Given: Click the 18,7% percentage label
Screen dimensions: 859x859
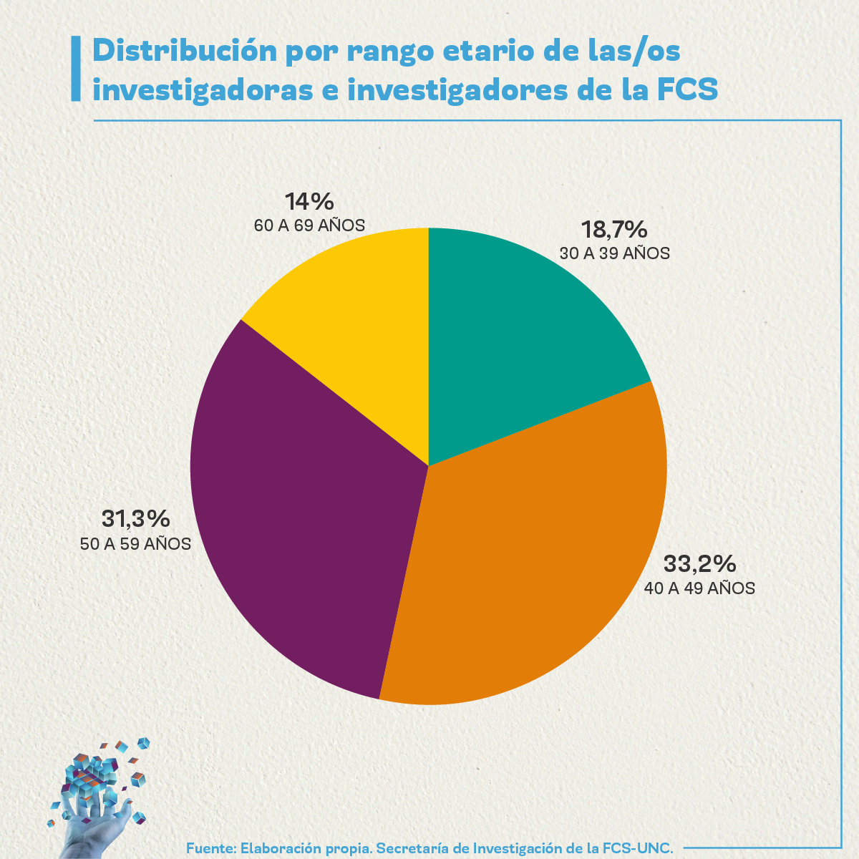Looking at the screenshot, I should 614,230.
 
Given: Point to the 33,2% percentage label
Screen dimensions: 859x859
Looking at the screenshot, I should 699,564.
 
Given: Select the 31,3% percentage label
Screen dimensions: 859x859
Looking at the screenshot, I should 135,519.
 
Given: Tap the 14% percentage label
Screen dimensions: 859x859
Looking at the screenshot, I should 309,201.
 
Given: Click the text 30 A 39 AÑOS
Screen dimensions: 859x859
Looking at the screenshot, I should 614,253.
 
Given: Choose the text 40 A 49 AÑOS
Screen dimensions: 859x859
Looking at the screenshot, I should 699,588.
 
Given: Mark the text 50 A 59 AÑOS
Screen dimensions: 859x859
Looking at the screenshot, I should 135,544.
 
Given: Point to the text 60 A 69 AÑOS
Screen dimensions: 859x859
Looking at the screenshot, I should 309,225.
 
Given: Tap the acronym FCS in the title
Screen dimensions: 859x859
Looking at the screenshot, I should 686,91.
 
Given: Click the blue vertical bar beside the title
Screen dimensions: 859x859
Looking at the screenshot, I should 76,70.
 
